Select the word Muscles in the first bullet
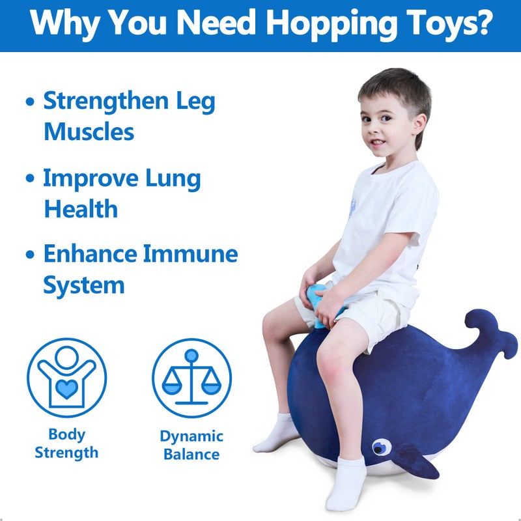point(89,132)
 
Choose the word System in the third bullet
point(83,285)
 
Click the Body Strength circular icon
point(66,378)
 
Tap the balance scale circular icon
point(191,378)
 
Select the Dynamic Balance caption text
point(191,445)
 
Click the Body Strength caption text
point(66,444)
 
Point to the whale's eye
point(381,447)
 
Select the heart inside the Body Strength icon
point(66,389)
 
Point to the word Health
point(81,209)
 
